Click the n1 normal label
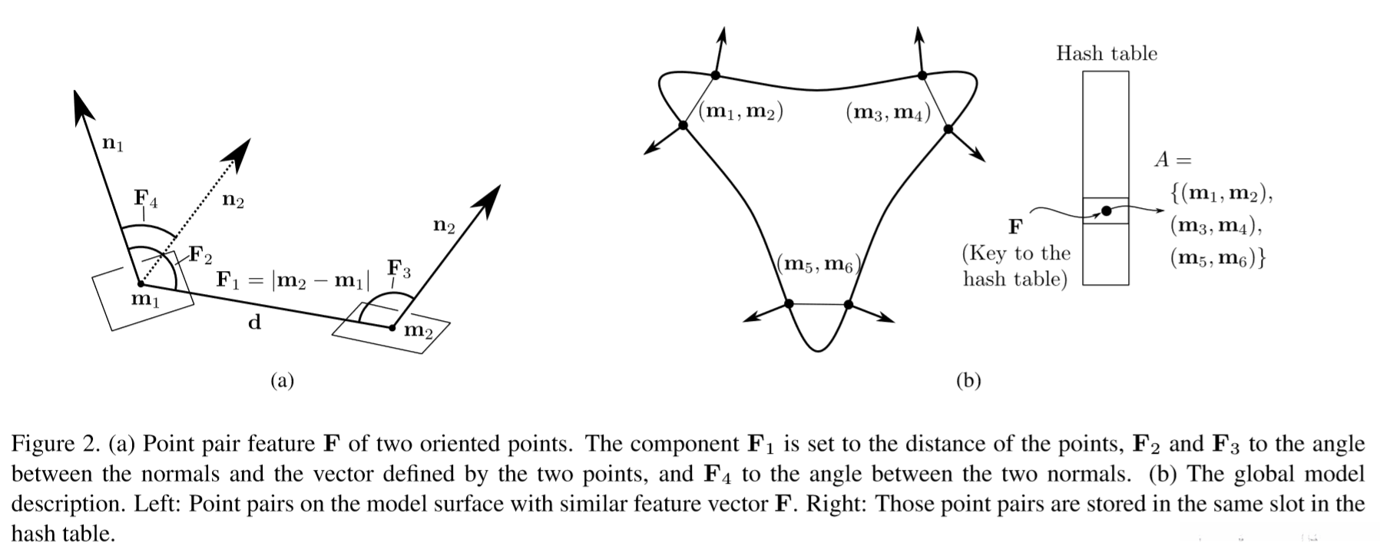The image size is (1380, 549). (113, 143)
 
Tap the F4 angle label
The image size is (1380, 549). (146, 198)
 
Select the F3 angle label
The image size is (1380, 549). (399, 269)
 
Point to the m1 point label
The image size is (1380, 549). (145, 299)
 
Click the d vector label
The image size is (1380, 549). (254, 322)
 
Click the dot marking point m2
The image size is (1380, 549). (392, 328)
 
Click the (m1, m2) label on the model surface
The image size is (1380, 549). (740, 112)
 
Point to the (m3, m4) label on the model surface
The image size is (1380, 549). (888, 113)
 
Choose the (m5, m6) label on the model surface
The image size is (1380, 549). (819, 265)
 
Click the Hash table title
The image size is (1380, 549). (1106, 53)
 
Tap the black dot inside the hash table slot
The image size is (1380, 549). (1106, 211)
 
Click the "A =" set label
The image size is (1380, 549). (1173, 160)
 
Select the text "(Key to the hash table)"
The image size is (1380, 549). (1016, 266)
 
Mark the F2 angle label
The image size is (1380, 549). (201, 255)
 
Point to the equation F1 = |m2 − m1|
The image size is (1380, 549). (293, 280)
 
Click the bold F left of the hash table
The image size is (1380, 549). (1015, 227)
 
